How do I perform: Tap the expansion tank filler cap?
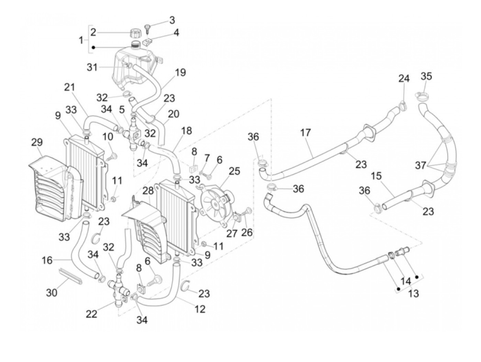click(135, 34)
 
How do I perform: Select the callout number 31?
click(92, 67)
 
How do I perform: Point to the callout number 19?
click(180, 73)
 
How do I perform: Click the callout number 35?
click(426, 76)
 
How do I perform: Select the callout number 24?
click(404, 78)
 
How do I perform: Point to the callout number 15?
click(376, 176)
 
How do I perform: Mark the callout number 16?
click(47, 260)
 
